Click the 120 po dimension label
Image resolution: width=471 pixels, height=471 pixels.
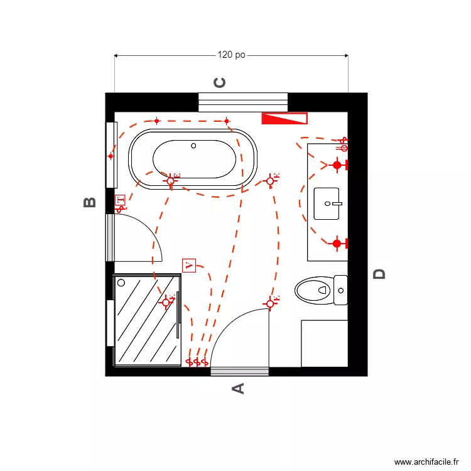[x=231, y=55]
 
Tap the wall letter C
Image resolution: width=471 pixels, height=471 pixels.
[x=220, y=82]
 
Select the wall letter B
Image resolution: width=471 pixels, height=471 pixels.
[x=90, y=202]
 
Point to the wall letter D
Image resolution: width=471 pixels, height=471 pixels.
[x=379, y=274]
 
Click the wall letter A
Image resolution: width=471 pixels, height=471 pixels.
[x=238, y=389]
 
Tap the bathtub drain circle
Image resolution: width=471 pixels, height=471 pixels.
[x=193, y=146]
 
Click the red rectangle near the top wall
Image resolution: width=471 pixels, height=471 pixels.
[x=284, y=118]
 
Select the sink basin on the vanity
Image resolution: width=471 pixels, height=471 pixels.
[x=327, y=203]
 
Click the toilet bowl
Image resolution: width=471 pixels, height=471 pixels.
[x=313, y=290]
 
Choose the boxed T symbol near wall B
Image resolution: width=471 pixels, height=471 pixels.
[x=120, y=201]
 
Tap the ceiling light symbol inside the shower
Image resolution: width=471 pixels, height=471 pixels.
[x=166, y=303]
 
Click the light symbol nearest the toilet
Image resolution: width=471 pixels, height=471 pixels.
[x=271, y=303]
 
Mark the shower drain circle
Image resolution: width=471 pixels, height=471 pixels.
[x=121, y=283]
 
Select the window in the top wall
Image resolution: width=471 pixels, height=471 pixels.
[x=243, y=102]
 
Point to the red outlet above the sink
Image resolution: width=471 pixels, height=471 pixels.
[x=337, y=165]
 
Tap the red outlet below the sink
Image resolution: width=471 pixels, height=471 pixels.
[x=337, y=243]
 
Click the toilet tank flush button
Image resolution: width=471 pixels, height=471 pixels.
[x=341, y=291]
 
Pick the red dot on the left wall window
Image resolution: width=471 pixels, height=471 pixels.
[x=111, y=156]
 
